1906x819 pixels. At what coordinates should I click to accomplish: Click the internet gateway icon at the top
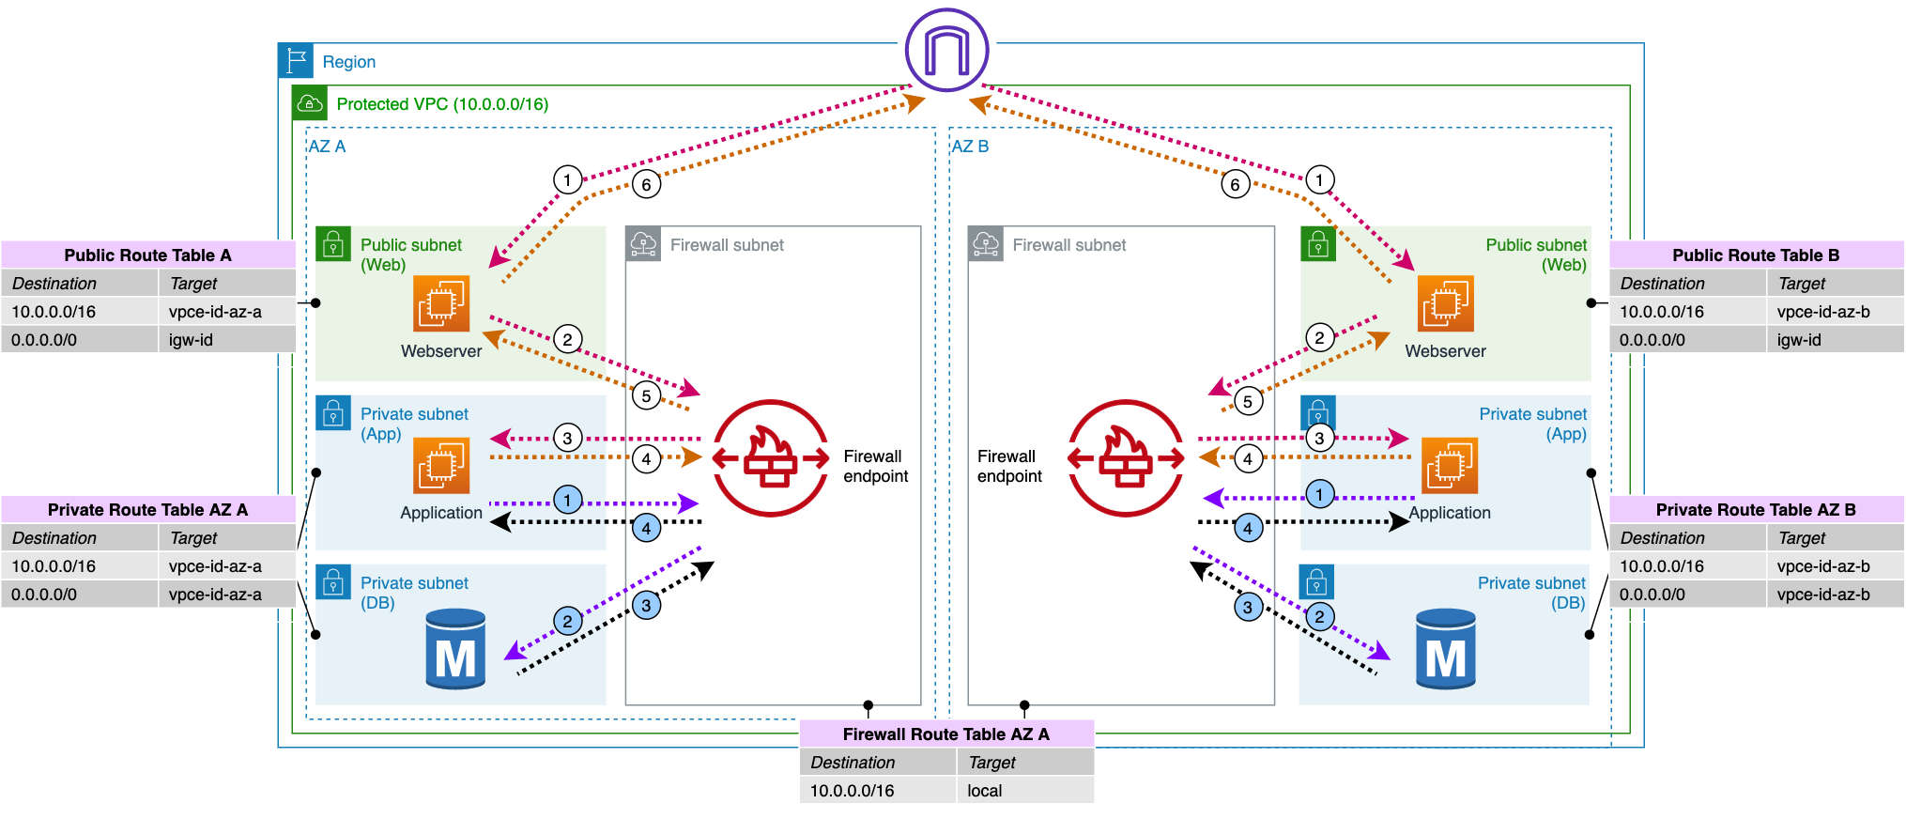[946, 50]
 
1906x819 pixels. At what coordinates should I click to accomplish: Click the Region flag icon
[296, 61]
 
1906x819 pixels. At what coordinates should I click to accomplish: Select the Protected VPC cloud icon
[310, 103]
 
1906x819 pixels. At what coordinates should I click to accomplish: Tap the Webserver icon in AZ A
[441, 303]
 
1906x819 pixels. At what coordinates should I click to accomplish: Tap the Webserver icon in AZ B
[1445, 303]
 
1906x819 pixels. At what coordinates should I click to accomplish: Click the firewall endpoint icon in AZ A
[770, 458]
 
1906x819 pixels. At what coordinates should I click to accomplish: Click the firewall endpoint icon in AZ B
[1126, 458]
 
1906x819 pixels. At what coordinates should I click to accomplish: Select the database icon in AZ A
[455, 649]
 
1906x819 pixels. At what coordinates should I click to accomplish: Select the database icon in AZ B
[1445, 649]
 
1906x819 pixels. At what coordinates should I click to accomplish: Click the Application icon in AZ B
[1449, 466]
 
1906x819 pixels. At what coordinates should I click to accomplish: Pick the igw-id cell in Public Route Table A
[227, 340]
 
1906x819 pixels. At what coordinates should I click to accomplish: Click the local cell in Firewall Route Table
[1024, 791]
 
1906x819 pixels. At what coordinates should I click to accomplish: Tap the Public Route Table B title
[1755, 255]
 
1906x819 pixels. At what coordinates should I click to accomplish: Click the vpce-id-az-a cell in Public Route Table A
[227, 312]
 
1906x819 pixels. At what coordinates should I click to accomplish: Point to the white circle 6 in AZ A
[646, 184]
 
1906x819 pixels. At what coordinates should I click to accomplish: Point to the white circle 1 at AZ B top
[1319, 179]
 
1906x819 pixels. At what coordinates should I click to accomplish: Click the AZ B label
[970, 147]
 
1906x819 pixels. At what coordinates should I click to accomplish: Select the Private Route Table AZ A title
[147, 510]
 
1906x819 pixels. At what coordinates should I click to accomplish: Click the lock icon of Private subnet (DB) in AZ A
[333, 582]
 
